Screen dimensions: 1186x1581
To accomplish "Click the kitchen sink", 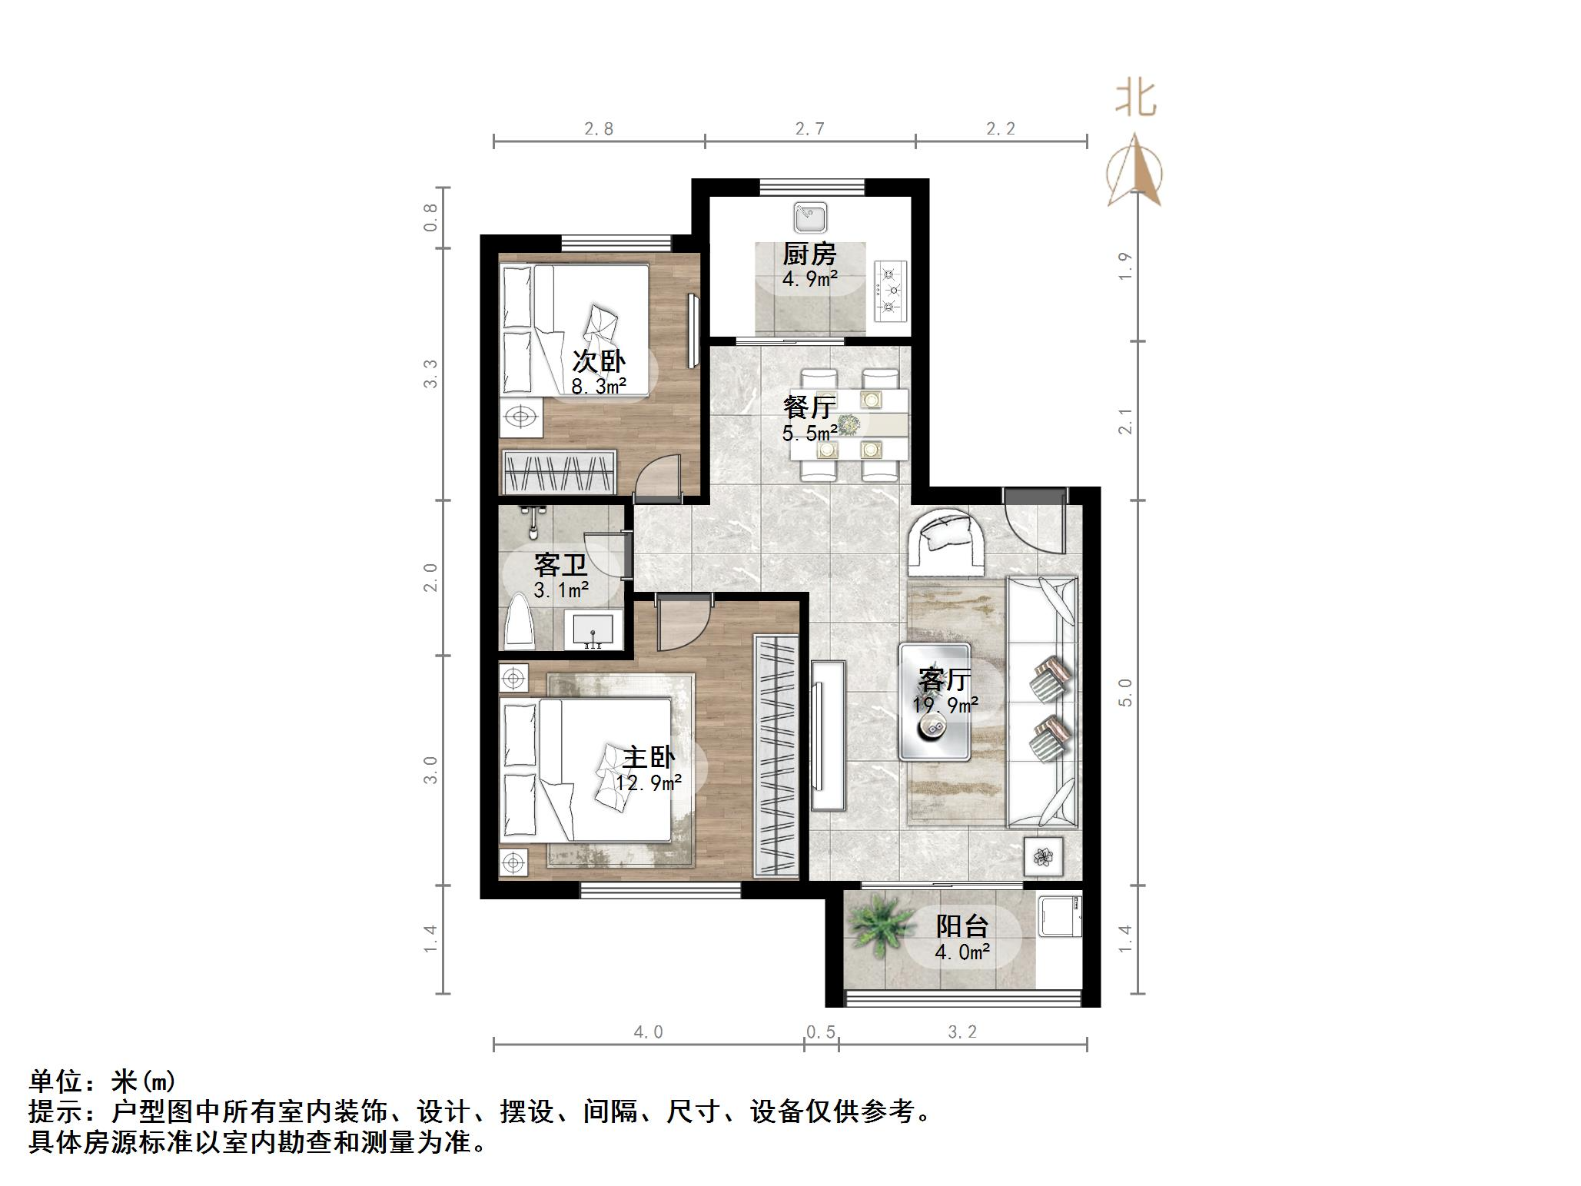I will point(809,218).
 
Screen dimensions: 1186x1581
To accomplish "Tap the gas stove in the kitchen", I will point(890,291).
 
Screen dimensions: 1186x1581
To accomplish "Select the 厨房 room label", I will point(809,254).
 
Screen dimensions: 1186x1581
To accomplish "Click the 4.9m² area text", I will point(809,278).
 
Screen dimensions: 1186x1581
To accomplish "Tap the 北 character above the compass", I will point(1135,98).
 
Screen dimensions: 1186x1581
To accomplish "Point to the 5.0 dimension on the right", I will point(1125,693).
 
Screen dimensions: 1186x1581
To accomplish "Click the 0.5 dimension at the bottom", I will point(821,1032).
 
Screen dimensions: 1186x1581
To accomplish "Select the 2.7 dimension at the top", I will point(809,129).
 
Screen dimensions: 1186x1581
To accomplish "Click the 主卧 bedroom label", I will point(648,757).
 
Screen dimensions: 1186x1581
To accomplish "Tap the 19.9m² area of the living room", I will point(945,704).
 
